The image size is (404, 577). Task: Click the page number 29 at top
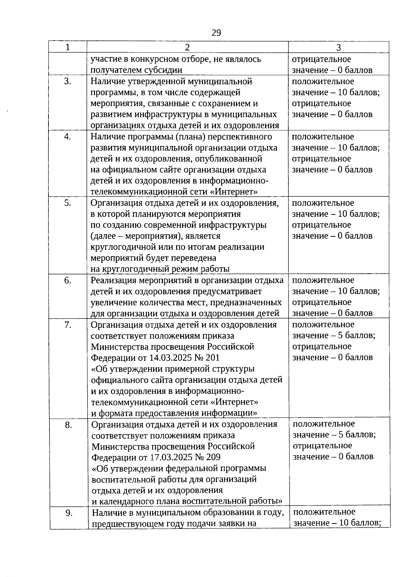[216, 33]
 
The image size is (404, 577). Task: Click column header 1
[68, 47]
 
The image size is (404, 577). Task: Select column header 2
[187, 47]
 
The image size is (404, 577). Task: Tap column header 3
[338, 47]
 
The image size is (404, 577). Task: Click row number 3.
[68, 81]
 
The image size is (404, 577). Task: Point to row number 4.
[68, 137]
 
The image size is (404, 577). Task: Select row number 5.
[68, 203]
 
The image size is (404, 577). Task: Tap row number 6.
[68, 280]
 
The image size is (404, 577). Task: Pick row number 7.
[68, 325]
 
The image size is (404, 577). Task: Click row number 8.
[68, 425]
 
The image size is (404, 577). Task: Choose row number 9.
[69, 513]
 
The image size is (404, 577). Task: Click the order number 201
[212, 358]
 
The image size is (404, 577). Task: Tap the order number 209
[213, 457]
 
